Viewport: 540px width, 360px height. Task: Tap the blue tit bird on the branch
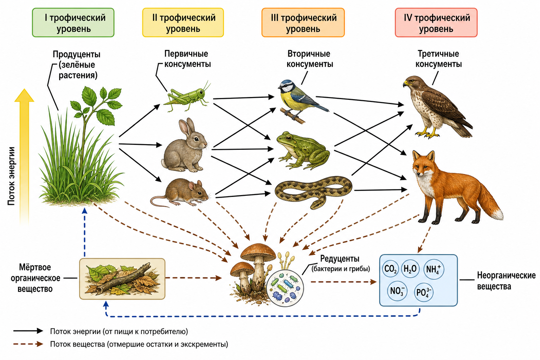301,100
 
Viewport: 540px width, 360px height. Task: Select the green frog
303,150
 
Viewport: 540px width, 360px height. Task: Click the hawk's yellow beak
406,84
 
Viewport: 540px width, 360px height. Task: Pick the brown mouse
180,193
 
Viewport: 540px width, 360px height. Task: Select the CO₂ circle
391,269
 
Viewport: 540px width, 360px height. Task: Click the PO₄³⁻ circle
424,292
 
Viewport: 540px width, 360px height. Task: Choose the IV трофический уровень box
436,22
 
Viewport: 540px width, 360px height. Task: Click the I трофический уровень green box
73,22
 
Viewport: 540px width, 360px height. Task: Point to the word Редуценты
340,258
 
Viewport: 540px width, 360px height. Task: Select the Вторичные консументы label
309,59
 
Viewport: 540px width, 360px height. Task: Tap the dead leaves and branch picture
122,279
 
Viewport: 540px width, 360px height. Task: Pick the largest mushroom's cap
258,251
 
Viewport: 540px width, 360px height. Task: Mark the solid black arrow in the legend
28,331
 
